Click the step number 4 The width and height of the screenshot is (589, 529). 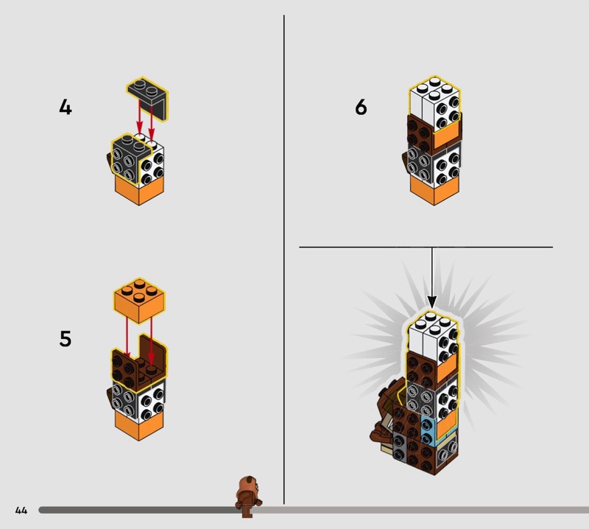click(x=66, y=107)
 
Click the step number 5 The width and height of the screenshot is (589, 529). click(x=66, y=339)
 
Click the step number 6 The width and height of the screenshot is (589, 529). click(x=361, y=107)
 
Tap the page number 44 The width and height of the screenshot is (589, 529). click(x=21, y=510)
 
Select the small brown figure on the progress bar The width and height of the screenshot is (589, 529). click(x=247, y=497)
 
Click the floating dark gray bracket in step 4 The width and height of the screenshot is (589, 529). click(x=147, y=99)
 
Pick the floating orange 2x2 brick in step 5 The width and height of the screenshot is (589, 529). click(x=139, y=300)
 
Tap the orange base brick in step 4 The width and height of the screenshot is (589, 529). click(x=139, y=191)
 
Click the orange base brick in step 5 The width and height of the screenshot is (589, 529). click(x=139, y=426)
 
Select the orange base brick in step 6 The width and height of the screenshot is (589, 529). click(x=434, y=191)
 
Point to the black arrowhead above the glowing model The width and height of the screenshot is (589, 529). click(x=432, y=301)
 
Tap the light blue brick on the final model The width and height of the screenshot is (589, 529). click(x=427, y=430)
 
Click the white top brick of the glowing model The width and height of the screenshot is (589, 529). click(x=433, y=337)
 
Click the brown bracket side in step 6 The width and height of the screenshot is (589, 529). click(x=420, y=132)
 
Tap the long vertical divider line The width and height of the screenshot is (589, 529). click(x=284, y=259)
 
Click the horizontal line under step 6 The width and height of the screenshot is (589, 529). click(x=426, y=247)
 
